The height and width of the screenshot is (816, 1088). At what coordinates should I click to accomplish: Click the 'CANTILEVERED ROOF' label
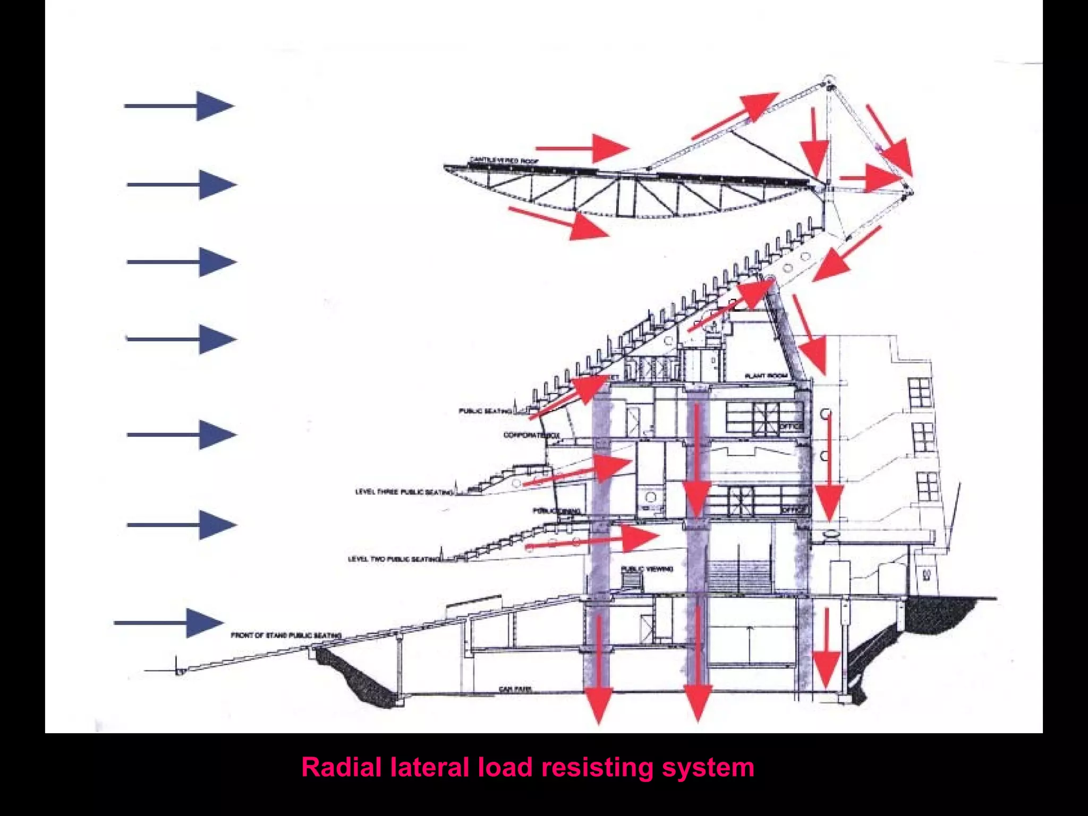pos(504,159)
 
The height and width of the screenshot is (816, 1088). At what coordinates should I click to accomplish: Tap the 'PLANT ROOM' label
pos(766,376)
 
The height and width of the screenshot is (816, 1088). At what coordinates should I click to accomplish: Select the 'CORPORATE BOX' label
pos(531,436)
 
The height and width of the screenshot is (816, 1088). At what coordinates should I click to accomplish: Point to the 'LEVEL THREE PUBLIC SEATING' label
pos(404,492)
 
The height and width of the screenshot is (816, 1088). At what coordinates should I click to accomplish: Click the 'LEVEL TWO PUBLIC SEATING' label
pos(394,559)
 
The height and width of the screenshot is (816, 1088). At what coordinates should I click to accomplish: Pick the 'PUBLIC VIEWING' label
pos(647,569)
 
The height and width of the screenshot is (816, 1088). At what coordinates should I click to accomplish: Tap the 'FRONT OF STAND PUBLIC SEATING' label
pos(286,635)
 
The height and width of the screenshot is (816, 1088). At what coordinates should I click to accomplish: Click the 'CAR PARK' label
pos(515,690)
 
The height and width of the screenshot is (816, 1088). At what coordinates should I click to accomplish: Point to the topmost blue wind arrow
pos(179,106)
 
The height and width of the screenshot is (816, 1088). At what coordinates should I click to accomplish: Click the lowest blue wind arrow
pos(169,623)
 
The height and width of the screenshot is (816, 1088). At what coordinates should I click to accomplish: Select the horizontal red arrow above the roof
pos(582,148)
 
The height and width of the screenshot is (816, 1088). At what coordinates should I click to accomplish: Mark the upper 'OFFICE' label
pos(790,427)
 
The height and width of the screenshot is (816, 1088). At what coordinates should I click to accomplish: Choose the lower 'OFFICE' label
pos(794,509)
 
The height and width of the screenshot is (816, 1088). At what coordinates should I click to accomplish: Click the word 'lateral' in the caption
pos(431,768)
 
